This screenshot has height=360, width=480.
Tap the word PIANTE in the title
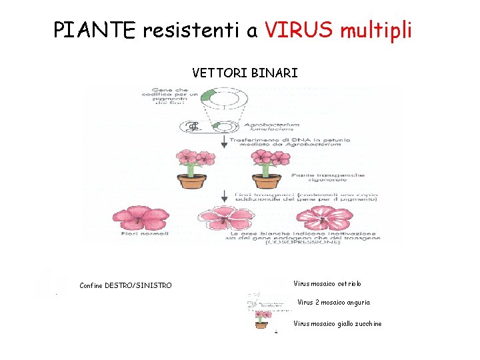(x=93, y=29)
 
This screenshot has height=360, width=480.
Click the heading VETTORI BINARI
(x=245, y=72)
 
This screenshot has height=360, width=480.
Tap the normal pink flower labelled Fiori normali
(x=141, y=217)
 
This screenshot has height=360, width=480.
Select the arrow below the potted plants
(x=223, y=196)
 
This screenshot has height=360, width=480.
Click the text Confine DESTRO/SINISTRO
(x=125, y=285)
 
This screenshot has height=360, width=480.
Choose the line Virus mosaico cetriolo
(x=327, y=284)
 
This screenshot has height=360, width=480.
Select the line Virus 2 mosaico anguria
(x=333, y=302)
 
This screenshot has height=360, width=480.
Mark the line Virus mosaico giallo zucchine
(x=337, y=324)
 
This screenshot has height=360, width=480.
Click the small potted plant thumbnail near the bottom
(x=261, y=319)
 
